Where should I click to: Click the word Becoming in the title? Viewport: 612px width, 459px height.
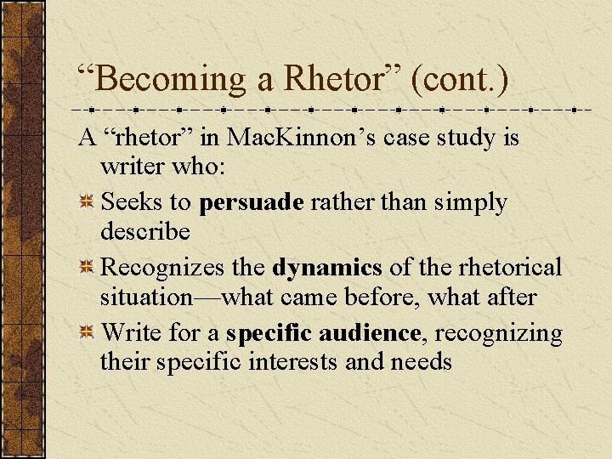point(167,79)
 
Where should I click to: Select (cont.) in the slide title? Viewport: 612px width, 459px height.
point(460,79)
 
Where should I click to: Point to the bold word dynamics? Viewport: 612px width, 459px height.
point(327,267)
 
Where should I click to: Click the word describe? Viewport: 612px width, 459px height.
point(144,231)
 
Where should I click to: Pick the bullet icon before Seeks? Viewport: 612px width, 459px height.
point(86,203)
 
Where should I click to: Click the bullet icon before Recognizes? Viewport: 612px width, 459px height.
point(86,269)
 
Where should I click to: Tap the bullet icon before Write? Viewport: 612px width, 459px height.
point(86,334)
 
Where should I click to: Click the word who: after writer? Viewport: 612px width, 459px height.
point(200,167)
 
